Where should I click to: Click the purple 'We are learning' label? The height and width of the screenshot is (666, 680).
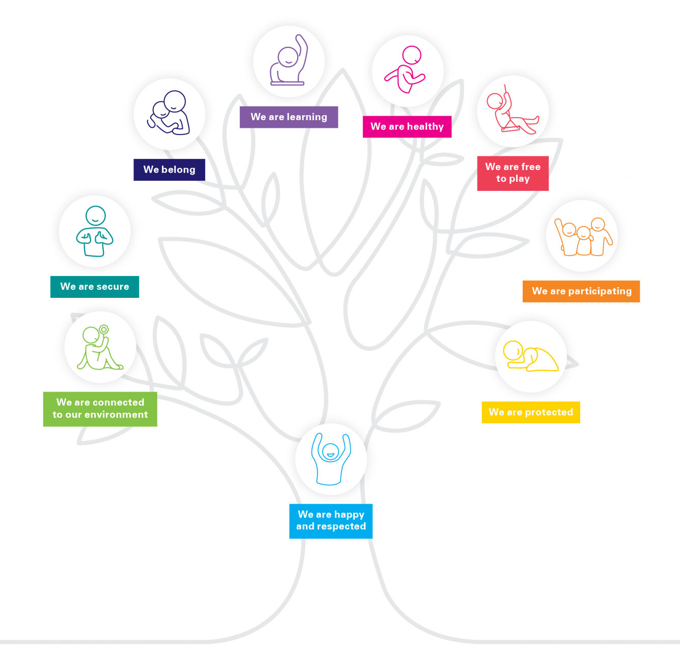click(x=289, y=117)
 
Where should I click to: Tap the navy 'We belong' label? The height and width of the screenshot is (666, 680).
click(x=169, y=170)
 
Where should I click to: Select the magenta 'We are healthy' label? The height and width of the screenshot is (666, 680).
click(x=407, y=127)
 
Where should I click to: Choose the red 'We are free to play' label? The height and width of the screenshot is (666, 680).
click(x=513, y=173)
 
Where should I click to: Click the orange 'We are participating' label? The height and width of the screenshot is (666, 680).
click(x=581, y=291)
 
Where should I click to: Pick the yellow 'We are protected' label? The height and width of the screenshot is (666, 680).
click(x=530, y=412)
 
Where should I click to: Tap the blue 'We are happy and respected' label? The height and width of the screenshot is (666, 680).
click(x=331, y=521)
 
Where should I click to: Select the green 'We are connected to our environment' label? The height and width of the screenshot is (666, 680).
click(x=100, y=409)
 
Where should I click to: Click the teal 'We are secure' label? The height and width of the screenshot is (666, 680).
click(x=95, y=287)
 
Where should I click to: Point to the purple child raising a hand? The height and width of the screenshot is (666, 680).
click(x=289, y=61)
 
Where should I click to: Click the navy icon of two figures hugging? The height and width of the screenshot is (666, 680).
click(x=169, y=113)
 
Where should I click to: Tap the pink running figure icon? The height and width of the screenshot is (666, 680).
click(x=407, y=70)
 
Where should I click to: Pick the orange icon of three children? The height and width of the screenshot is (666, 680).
click(x=582, y=236)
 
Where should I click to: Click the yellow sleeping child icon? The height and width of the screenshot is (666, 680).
click(x=530, y=356)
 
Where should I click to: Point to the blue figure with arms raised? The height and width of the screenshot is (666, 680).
click(x=331, y=459)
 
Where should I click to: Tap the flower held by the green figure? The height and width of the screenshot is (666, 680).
click(x=104, y=330)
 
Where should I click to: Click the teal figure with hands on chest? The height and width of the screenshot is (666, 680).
click(x=95, y=232)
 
